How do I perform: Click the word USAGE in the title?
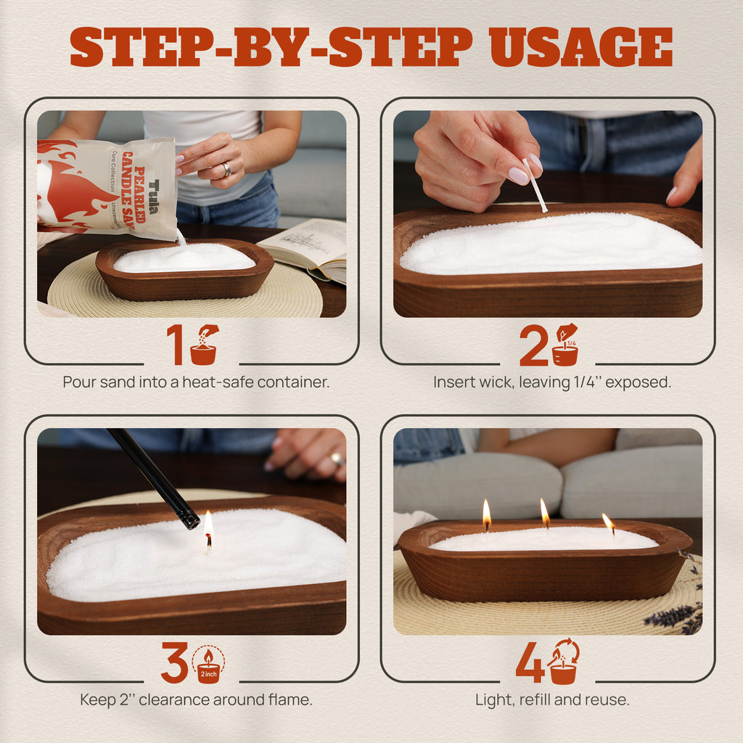pos(581,47)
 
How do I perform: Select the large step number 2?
pos(533,345)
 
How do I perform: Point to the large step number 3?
pos(175,662)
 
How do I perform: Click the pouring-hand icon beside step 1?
pos(204,345)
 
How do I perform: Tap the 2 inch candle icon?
pos(208,665)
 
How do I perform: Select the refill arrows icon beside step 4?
pos(563,662)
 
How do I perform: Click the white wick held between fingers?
pos(535,185)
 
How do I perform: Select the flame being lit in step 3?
pos(208,524)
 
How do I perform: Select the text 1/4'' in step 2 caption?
pos(587,382)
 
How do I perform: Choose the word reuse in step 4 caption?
pos(608,699)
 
